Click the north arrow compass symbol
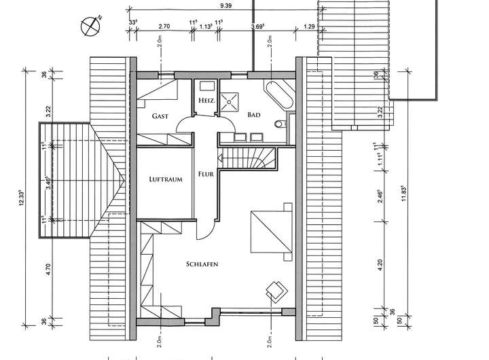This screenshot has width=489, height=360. [x=91, y=26]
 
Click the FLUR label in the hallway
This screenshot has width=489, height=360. [x=206, y=174]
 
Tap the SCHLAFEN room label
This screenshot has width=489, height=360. [x=200, y=264]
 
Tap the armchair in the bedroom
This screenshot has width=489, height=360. [x=276, y=289]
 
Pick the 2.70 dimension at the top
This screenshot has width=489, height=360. [x=164, y=26]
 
